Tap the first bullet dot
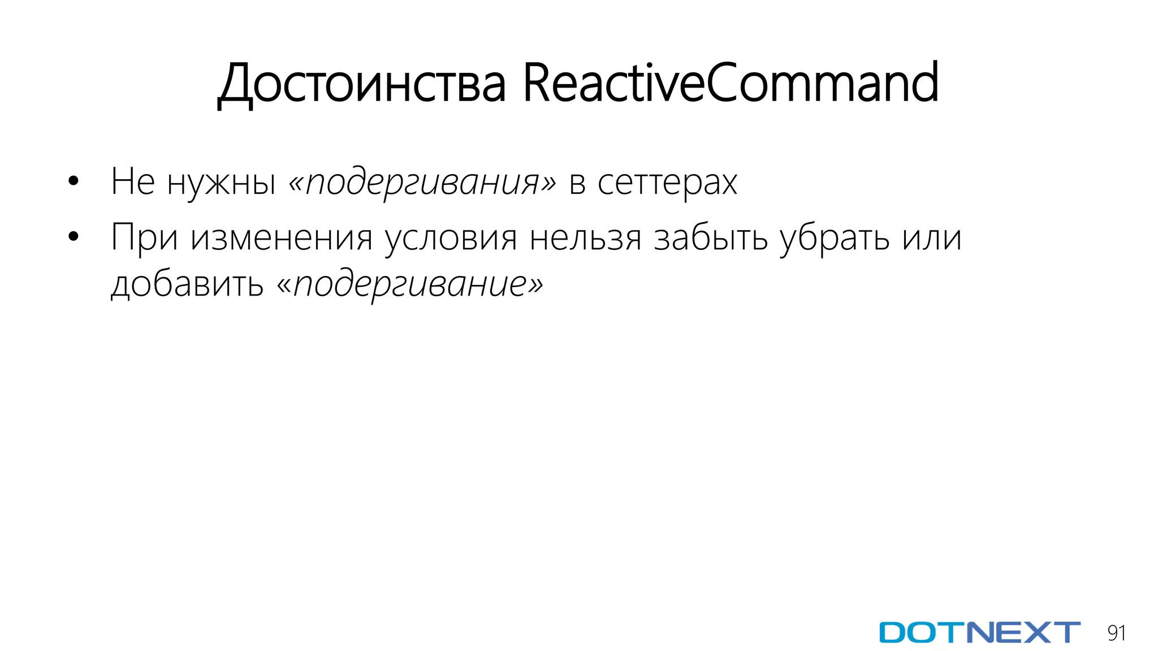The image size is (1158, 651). point(73,182)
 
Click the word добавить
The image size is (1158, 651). point(187,284)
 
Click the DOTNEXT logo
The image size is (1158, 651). point(979,632)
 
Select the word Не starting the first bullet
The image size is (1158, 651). point(133,182)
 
